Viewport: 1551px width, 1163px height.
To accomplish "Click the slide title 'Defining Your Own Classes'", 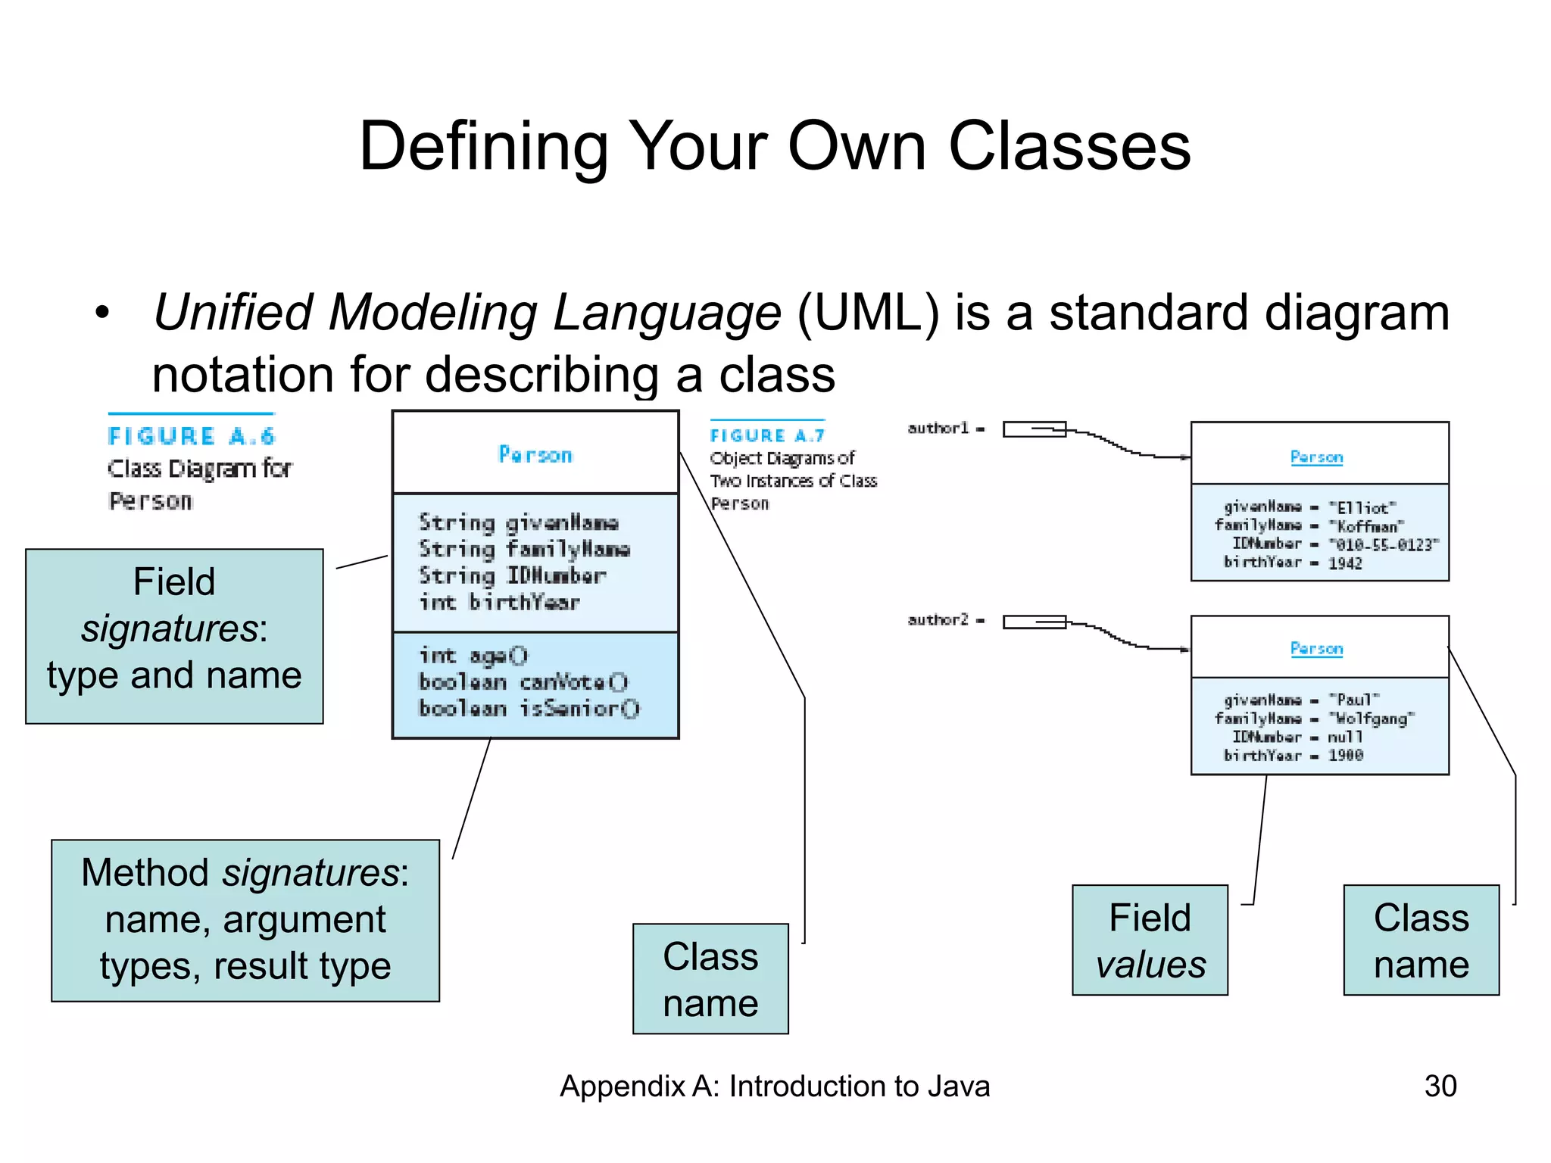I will [775, 146].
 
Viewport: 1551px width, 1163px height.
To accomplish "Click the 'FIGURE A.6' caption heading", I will [191, 437].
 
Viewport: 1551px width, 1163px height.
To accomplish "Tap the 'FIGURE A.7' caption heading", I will [767, 435].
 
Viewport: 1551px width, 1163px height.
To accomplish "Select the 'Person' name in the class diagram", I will [535, 455].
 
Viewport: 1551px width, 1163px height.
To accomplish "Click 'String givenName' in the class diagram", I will [519, 522].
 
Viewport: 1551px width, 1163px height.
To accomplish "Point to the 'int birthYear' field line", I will [500, 603].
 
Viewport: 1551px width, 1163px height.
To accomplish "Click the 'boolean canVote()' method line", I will [523, 682].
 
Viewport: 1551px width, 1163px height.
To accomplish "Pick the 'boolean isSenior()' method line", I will [529, 709].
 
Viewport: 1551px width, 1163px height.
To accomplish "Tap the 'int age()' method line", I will [473, 656].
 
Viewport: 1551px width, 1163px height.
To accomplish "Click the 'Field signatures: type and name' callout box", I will [174, 636].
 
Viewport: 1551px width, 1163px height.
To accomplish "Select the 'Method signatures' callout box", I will [245, 920].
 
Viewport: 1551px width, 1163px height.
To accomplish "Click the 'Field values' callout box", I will [1150, 940].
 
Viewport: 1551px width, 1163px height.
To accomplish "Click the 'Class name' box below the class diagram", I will [710, 978].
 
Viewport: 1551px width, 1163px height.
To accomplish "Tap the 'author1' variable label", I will [938, 429].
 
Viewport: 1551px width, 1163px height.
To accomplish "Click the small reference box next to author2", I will [1033, 622].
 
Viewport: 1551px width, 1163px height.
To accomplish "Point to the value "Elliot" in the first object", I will [1362, 508].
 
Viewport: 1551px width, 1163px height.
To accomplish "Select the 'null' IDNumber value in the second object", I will [1345, 737].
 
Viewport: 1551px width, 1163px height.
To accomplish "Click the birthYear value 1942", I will [1345, 563].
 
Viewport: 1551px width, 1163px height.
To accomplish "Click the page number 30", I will [1440, 1086].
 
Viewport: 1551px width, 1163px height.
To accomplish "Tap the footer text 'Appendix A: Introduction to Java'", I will [775, 1086].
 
